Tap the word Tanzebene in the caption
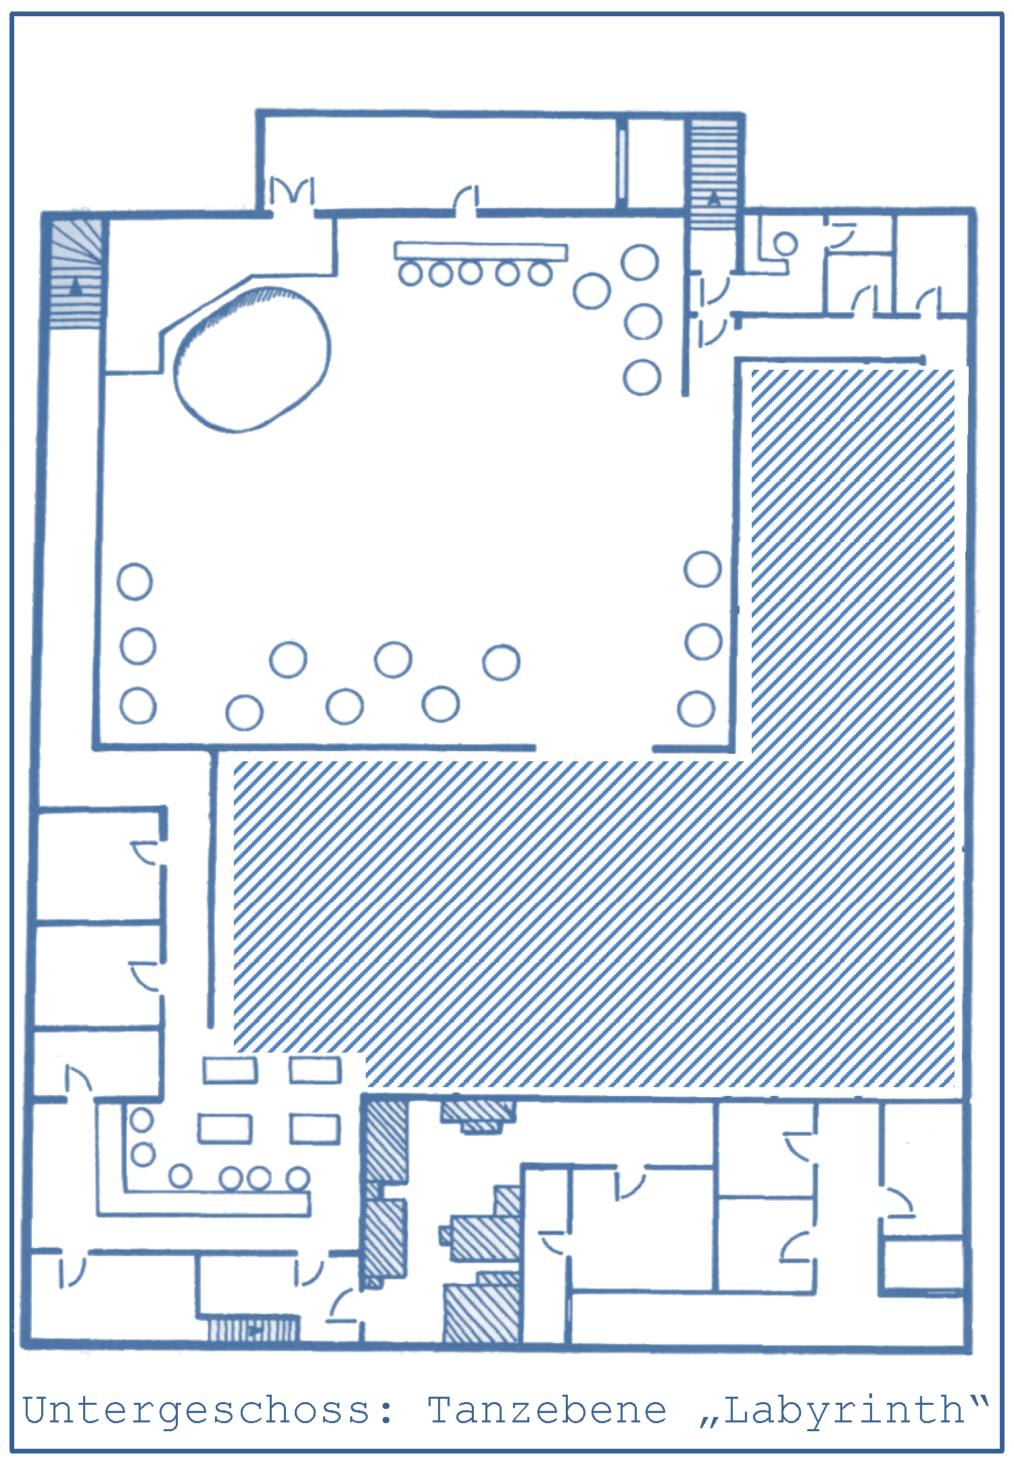pos(547,1410)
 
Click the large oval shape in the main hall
pos(252,359)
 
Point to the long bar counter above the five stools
pos(481,251)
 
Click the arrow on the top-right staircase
pos(714,198)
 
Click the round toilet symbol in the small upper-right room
pos(785,243)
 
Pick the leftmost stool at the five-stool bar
pos(410,274)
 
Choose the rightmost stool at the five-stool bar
pos(540,274)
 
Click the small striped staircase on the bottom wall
pos(253,1329)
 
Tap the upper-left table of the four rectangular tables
pos(230,1070)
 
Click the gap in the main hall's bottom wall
pos(594,748)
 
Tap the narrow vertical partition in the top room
pos(621,162)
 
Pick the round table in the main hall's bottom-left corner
pos(138,706)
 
